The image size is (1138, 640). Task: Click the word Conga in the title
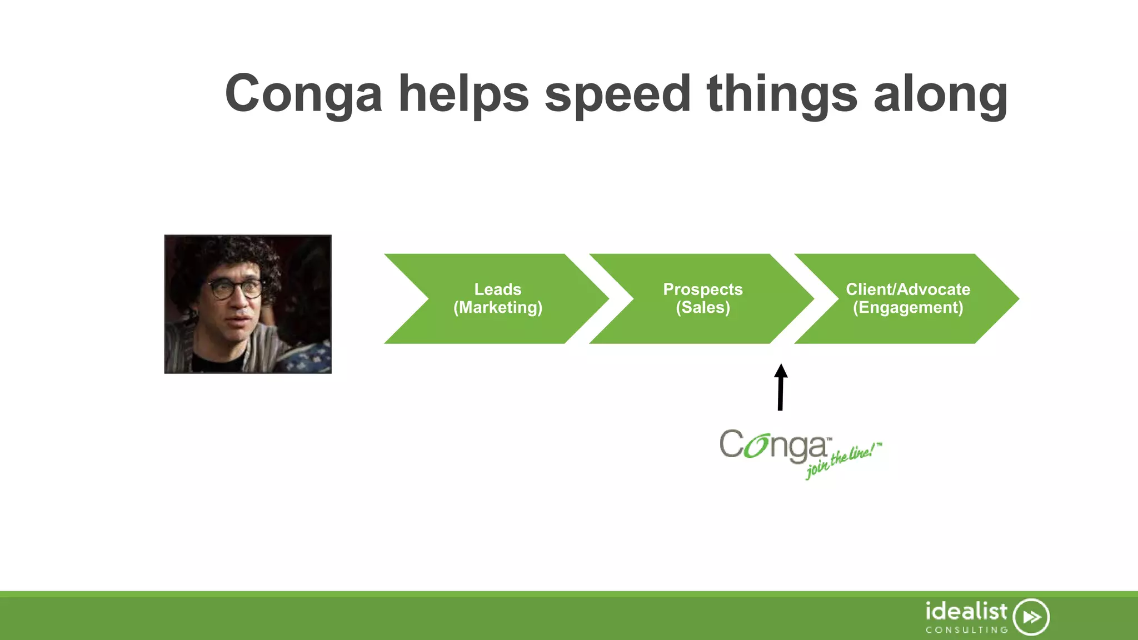tap(303, 94)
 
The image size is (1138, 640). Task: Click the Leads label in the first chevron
tap(497, 289)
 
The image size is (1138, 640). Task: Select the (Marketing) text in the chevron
tap(497, 308)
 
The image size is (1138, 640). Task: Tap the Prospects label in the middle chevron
tap(702, 289)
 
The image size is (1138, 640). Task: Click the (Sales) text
tap(702, 308)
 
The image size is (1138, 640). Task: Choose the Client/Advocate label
tap(907, 289)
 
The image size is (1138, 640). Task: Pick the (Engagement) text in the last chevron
tap(907, 308)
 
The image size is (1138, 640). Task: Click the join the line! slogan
tap(842, 461)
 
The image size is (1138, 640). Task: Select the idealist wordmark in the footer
tap(966, 612)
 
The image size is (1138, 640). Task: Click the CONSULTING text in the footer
tap(966, 630)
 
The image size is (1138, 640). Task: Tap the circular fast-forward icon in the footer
tap(1031, 617)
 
